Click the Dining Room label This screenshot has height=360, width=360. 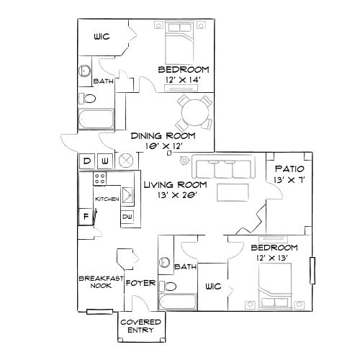[159, 135]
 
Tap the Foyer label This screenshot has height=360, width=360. [140, 283]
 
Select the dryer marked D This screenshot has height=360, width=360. [86, 160]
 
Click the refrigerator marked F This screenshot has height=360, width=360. [86, 215]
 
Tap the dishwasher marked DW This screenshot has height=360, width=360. [127, 215]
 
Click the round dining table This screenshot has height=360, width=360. [192, 114]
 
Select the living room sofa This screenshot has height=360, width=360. [223, 168]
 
